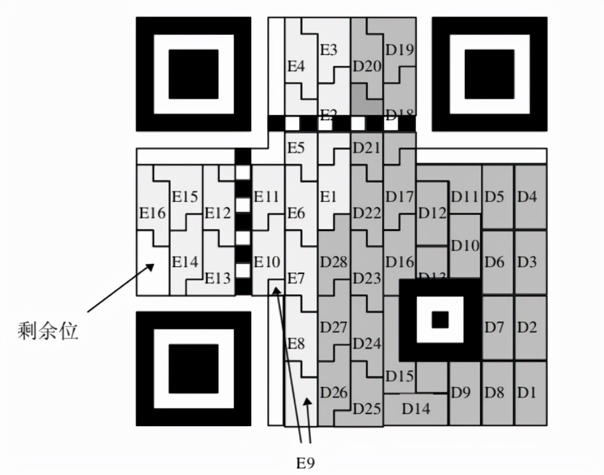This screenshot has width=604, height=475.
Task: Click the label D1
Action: (527, 392)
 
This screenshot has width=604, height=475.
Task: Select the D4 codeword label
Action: (527, 197)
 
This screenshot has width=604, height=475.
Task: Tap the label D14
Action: (416, 409)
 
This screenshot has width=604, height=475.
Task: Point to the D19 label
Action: (400, 50)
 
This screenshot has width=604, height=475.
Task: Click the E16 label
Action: (152, 213)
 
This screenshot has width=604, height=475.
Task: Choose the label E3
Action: (329, 50)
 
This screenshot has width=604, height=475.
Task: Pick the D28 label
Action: (334, 262)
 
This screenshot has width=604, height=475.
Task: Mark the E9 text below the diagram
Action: (306, 462)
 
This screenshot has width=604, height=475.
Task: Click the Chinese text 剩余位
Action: (48, 331)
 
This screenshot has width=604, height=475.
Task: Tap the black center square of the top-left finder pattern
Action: (193, 74)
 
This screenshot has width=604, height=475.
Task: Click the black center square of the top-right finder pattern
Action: (489, 74)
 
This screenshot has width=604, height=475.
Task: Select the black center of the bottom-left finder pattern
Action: (193, 369)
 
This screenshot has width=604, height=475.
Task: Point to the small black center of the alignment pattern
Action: (440, 319)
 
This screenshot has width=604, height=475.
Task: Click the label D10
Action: (465, 246)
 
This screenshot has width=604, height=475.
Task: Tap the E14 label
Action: (185, 262)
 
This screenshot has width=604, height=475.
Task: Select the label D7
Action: (494, 328)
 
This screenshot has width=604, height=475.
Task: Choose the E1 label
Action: (328, 197)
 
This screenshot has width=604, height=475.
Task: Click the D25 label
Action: (366, 409)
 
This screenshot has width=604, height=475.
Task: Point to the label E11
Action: (266, 197)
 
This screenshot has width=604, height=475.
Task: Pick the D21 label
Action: (366, 148)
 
